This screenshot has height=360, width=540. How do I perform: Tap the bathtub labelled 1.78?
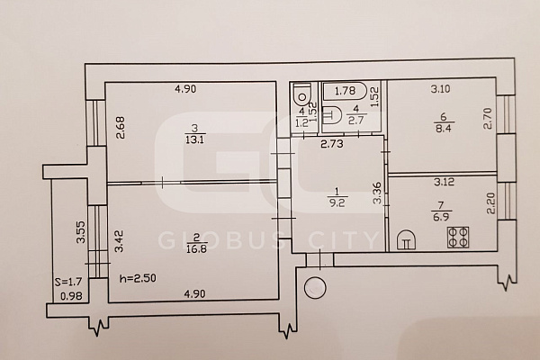pyautogui.click(x=345, y=91)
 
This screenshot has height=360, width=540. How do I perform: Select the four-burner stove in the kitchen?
pyautogui.click(x=458, y=238)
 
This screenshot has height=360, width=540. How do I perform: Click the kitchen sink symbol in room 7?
pyautogui.click(x=406, y=239)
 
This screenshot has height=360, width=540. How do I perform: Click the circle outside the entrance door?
pyautogui.click(x=315, y=288)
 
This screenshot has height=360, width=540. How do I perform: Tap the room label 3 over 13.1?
pyautogui.click(x=195, y=134)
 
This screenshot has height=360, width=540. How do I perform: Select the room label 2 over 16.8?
pyautogui.click(x=195, y=243)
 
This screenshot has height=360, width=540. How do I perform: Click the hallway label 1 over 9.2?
pyautogui.click(x=337, y=197)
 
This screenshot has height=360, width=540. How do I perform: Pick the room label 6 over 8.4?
pyautogui.click(x=444, y=123)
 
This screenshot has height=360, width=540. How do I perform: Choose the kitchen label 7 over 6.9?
pyautogui.click(x=441, y=211)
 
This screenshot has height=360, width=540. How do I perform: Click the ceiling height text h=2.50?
pyautogui.click(x=138, y=278)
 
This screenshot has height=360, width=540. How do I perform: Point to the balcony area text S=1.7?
pyautogui.click(x=68, y=282)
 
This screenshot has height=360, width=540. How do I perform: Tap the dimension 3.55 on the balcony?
pyautogui.click(x=81, y=231)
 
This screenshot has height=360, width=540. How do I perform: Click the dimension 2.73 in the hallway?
pyautogui.click(x=332, y=144)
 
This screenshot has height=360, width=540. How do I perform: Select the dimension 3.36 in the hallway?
pyautogui.click(x=377, y=193)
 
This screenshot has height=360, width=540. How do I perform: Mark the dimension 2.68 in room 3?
pyautogui.click(x=121, y=128)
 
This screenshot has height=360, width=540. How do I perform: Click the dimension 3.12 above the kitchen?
pyautogui.click(x=445, y=182)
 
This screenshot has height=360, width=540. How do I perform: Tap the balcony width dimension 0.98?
pyautogui.click(x=71, y=296)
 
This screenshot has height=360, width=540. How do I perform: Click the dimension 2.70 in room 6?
pyautogui.click(x=488, y=119)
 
